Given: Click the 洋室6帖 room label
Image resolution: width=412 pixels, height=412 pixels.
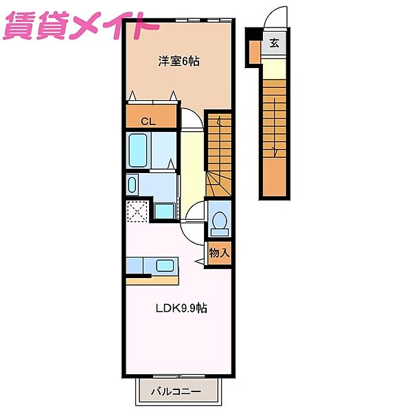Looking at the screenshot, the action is [179, 61].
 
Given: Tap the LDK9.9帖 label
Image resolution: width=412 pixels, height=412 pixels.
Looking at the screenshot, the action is [181, 308].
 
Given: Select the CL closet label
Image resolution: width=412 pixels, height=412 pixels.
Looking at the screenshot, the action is [148, 122].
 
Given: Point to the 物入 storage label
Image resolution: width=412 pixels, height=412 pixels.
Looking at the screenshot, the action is [220, 253].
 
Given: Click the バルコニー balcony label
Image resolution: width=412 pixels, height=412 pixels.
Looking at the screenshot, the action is [176, 392].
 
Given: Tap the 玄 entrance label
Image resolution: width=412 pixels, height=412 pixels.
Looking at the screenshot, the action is [274, 43].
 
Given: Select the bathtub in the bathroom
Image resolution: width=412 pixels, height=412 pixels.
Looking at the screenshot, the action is [138, 150].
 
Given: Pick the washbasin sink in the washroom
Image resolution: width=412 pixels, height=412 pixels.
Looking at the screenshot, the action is [132, 185].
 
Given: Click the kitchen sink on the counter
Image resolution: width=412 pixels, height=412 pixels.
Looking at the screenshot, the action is [165, 266].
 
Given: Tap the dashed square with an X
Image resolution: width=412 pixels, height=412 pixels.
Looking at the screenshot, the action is [137, 211].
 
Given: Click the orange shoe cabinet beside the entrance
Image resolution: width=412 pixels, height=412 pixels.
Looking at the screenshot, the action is [254, 52].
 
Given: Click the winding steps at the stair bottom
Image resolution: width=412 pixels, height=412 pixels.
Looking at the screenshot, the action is [219, 183].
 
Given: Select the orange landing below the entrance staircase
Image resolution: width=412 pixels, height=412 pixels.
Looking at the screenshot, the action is [274, 176].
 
